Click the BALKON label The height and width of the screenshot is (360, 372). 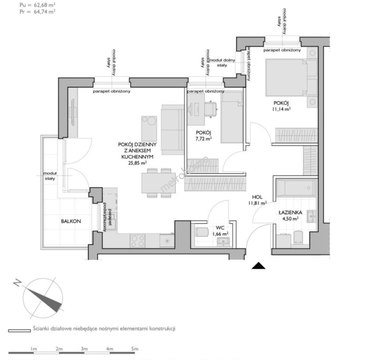coord(71,221)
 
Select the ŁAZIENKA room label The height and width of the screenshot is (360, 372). coord(291,212)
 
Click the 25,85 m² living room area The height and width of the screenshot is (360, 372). coord(137,163)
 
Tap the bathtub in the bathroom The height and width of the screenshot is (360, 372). coord(296,188)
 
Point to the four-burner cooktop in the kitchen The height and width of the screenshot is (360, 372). coord(137,241)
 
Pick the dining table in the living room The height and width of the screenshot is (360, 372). coord(157,183)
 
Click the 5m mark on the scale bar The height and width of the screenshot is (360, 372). coord(135,349)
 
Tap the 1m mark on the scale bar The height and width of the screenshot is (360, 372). coord(33,349)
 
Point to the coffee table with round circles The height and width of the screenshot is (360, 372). coord(149,128)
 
